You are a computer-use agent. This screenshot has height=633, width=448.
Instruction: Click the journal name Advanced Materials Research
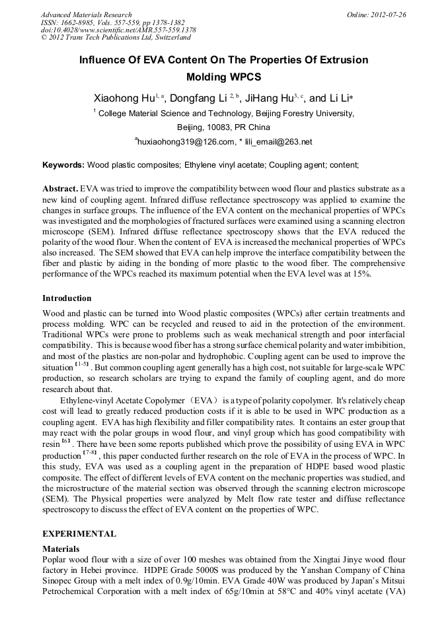click(x=86, y=15)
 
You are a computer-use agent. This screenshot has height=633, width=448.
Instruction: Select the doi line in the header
click(x=118, y=30)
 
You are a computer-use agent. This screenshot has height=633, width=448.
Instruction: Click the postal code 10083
click(x=219, y=127)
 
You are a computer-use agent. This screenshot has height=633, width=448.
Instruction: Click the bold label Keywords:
click(x=63, y=164)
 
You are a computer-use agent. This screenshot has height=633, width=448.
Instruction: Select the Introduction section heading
click(x=67, y=298)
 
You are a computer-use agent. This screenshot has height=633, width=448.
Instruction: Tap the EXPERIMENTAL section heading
click(x=79, y=533)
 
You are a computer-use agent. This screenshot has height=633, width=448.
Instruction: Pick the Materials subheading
click(x=61, y=549)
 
